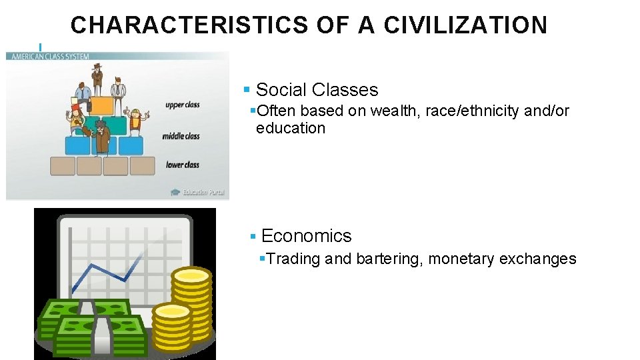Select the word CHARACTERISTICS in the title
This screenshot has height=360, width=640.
click(x=188, y=25)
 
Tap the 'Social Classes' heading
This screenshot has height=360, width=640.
click(x=317, y=90)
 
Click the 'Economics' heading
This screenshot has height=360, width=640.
click(x=306, y=236)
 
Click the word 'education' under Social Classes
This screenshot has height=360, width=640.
click(x=290, y=128)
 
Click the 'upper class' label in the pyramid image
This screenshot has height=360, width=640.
click(x=182, y=105)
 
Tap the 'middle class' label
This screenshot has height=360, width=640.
click(x=181, y=136)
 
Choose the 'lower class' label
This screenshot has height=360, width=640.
click(x=183, y=165)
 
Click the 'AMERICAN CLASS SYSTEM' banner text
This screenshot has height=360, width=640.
click(x=48, y=56)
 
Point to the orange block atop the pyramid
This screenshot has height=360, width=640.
click(x=101, y=106)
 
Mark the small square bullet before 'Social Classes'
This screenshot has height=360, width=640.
click(x=247, y=89)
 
